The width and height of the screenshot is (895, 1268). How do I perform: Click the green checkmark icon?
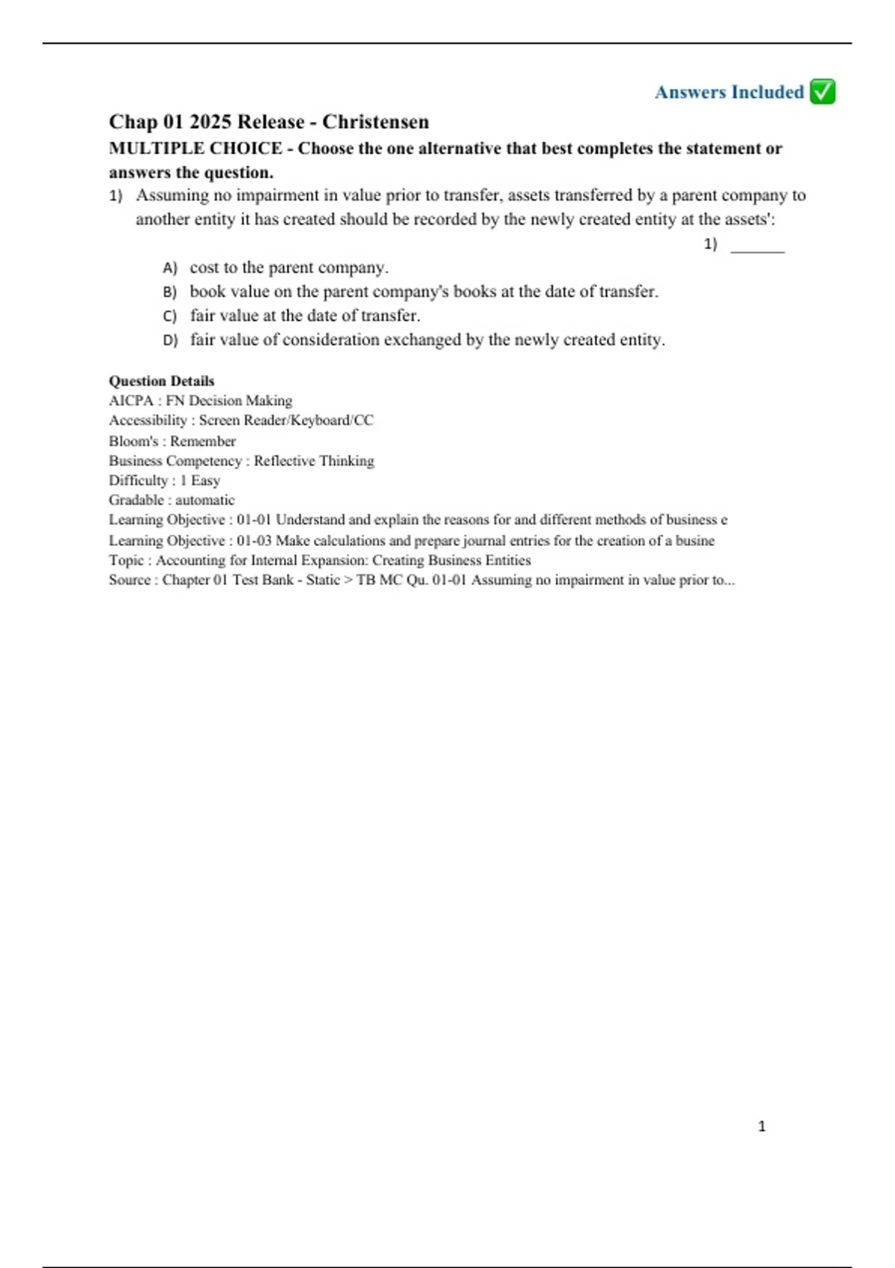[822, 92]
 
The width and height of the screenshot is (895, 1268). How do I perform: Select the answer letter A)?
[170, 268]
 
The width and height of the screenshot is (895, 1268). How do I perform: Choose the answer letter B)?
[170, 292]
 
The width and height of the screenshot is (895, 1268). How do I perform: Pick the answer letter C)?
[170, 316]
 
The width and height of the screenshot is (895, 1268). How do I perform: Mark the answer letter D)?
[170, 340]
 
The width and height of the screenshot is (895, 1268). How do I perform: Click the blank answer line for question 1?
[757, 250]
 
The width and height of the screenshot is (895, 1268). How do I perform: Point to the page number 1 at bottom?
[761, 1126]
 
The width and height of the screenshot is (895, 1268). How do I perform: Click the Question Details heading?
[161, 381]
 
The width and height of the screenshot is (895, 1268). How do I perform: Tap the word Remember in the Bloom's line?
[203, 441]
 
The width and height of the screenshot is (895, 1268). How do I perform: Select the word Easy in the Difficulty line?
[205, 480]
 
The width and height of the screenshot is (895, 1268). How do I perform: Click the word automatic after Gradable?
[205, 500]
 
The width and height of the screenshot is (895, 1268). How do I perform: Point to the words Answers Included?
[729, 92]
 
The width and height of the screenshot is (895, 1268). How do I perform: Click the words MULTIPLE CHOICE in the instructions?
[195, 148]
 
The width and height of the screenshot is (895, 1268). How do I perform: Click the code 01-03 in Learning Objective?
[254, 541]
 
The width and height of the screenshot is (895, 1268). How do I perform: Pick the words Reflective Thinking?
[314, 461]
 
